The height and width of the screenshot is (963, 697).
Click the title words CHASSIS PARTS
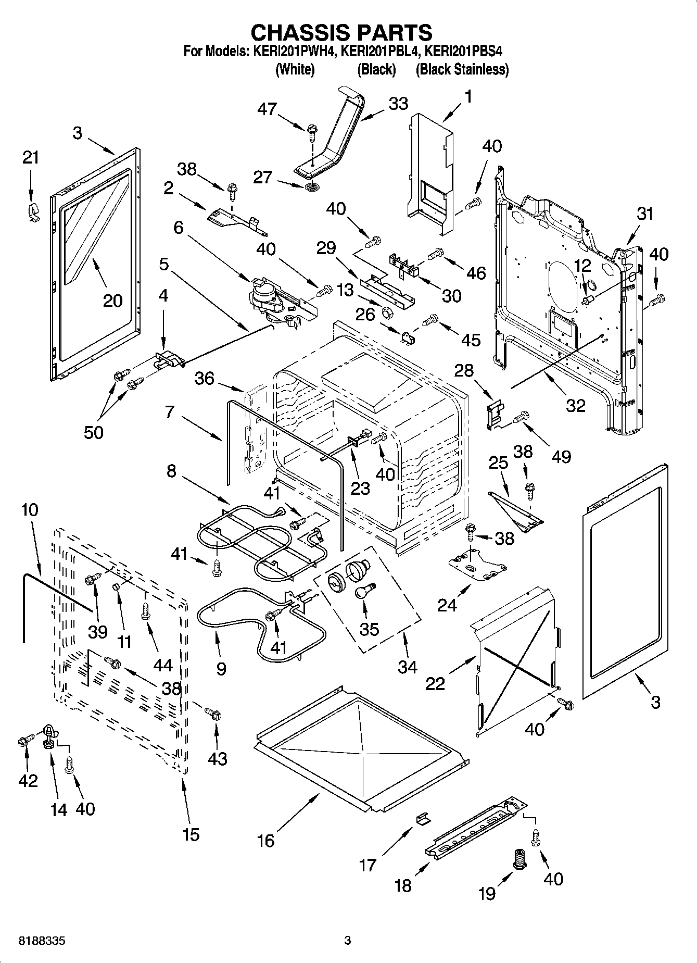pyautogui.click(x=341, y=32)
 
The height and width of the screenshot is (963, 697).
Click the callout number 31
pyautogui.click(x=644, y=214)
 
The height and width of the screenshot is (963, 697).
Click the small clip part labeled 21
pyautogui.click(x=33, y=212)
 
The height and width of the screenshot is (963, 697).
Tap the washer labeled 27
pyautogui.click(x=311, y=186)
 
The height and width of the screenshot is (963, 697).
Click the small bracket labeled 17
pyautogui.click(x=423, y=819)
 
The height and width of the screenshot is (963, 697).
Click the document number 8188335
pyautogui.click(x=42, y=941)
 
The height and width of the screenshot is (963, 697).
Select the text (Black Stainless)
pyautogui.click(x=462, y=69)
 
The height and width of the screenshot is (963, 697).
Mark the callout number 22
pyautogui.click(x=435, y=683)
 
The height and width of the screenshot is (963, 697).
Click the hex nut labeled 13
pyautogui.click(x=387, y=311)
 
